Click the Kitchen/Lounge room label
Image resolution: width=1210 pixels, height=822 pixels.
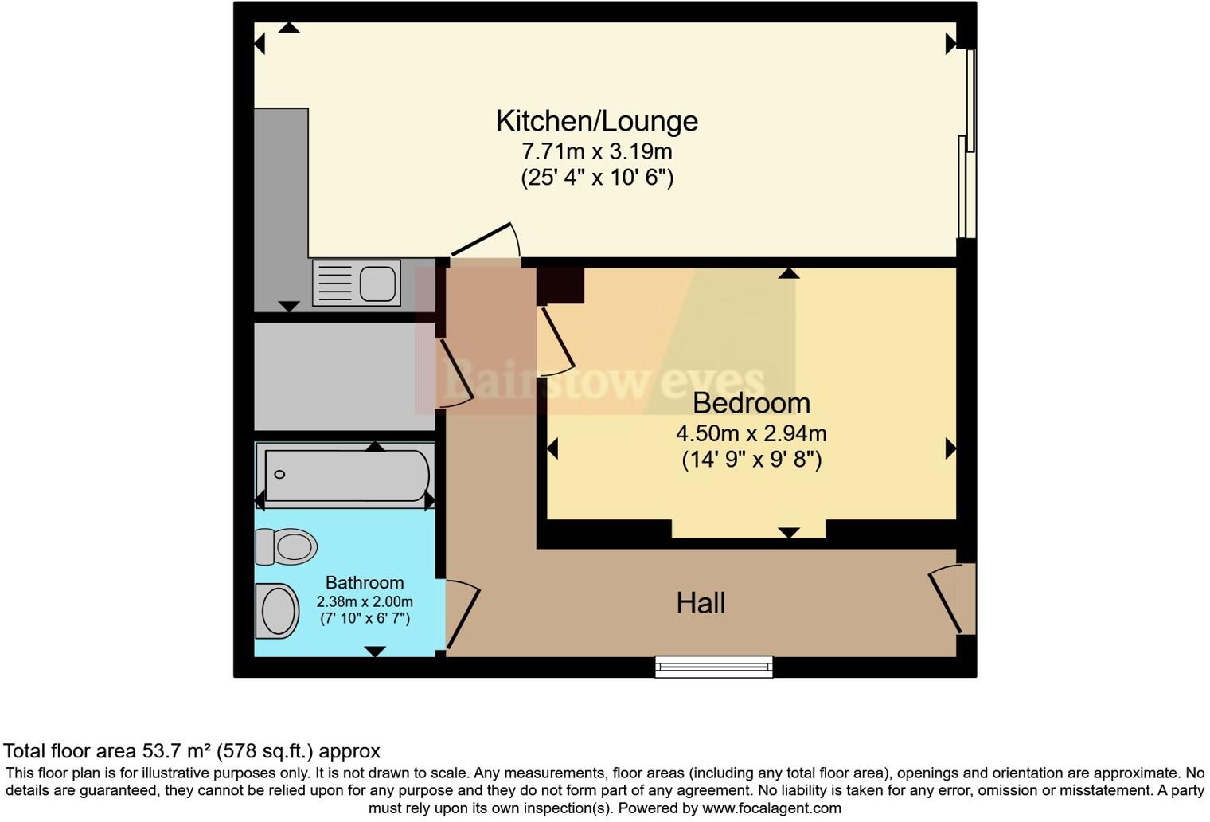point(596,121)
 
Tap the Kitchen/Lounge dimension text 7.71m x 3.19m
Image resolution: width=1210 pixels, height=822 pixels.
point(596,151)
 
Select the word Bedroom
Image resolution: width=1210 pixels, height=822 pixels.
point(751,403)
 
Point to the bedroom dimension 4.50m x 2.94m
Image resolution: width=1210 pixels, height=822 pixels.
point(751,434)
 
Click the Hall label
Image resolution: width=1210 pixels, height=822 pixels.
point(701,603)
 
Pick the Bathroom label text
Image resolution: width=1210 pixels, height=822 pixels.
point(365,583)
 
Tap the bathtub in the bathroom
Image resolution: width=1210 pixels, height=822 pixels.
point(346,476)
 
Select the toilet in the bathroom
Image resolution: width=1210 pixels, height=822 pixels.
point(286,547)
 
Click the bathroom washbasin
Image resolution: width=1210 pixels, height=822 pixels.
point(277,611)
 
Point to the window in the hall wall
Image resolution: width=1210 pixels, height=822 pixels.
point(713,666)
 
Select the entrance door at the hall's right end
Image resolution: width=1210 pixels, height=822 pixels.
point(950,598)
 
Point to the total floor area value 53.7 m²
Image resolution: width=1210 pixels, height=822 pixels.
point(177,751)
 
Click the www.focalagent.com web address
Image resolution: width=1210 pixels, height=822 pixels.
point(770,808)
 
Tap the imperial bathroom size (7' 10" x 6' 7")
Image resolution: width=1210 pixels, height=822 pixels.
point(365,618)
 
